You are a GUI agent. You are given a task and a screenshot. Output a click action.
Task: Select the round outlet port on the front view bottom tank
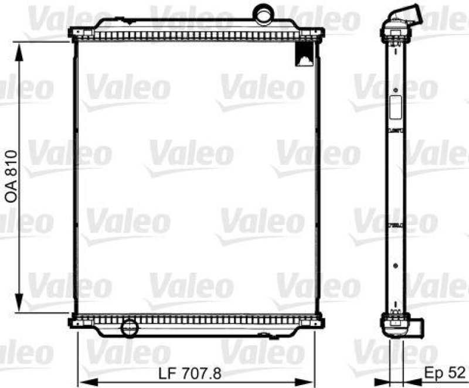tap(128, 327)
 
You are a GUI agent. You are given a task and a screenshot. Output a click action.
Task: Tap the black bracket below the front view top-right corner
tap(304, 54)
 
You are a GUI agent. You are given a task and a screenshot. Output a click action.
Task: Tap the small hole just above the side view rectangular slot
tap(396, 90)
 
